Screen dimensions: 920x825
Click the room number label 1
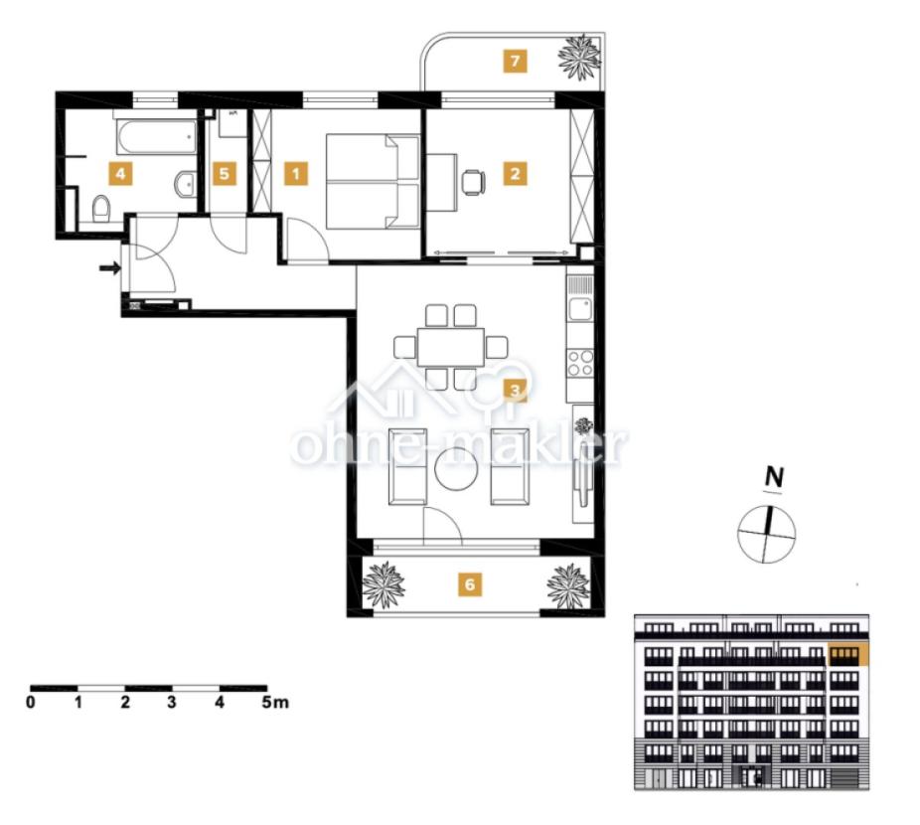pos(296,174)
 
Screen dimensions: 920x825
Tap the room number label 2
pos(516,174)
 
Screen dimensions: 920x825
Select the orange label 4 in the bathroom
pos(120,174)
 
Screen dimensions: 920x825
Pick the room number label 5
pos(225,174)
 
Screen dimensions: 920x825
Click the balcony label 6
pos(469,584)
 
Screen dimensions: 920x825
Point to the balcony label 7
pos(516,61)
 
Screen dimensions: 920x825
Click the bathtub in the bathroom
pos(157,137)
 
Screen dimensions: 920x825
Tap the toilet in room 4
pos(101,209)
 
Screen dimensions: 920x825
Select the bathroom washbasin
pos(186,183)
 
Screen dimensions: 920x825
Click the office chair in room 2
pos(473,182)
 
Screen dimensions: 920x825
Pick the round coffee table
pos(456,468)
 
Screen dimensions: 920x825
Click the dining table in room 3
pos(451,347)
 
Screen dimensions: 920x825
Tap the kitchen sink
pos(579,309)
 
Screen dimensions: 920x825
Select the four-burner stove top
pos(579,362)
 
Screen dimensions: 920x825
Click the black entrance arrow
pos(110,268)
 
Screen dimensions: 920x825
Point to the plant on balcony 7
pos(579,57)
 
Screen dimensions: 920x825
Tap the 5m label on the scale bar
pos(275,702)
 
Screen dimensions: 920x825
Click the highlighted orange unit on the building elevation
pos(847,654)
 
